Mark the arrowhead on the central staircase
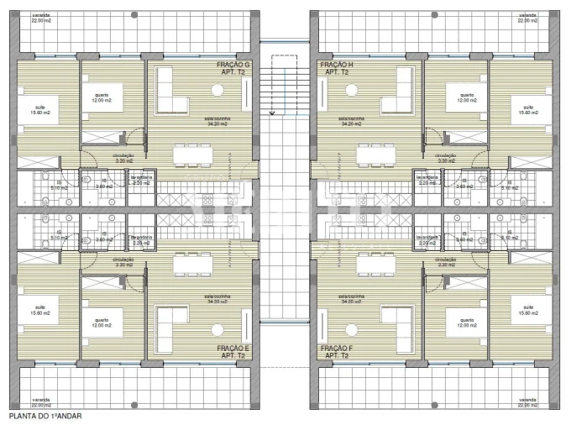pyautogui.click(x=271, y=112)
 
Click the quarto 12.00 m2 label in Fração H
pyautogui.click(x=465, y=97)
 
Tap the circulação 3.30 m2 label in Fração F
pyautogui.click(x=446, y=262)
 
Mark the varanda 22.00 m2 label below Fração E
pyautogui.click(x=40, y=402)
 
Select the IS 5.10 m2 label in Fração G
pyautogui.click(x=60, y=186)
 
